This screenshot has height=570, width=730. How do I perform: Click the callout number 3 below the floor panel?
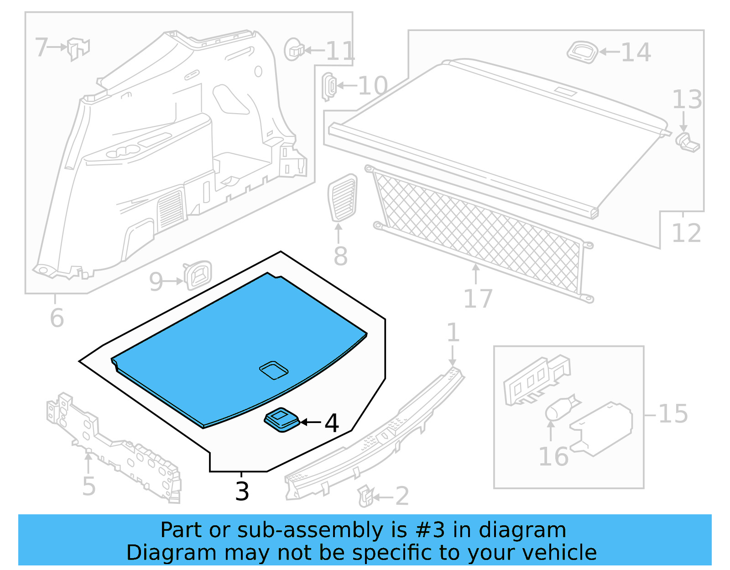(x=242, y=492)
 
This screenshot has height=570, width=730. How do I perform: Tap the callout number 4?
(x=332, y=423)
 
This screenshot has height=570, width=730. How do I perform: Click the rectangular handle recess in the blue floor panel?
(x=274, y=370)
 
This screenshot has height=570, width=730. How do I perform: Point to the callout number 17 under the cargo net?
(x=478, y=299)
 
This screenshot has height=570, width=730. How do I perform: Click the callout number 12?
(x=686, y=233)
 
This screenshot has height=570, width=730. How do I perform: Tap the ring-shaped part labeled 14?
(x=583, y=52)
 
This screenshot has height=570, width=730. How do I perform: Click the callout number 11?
(x=340, y=51)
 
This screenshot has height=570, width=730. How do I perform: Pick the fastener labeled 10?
(x=329, y=86)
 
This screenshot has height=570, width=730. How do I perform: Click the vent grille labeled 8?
(x=343, y=198)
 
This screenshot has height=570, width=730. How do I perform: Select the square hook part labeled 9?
(x=198, y=275)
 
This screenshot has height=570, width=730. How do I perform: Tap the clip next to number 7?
(x=78, y=48)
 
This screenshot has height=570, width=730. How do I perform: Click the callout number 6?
(x=57, y=318)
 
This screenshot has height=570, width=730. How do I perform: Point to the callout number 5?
(x=89, y=486)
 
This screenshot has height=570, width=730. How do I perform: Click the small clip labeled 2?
(x=365, y=496)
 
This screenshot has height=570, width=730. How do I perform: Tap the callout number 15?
(x=673, y=414)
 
